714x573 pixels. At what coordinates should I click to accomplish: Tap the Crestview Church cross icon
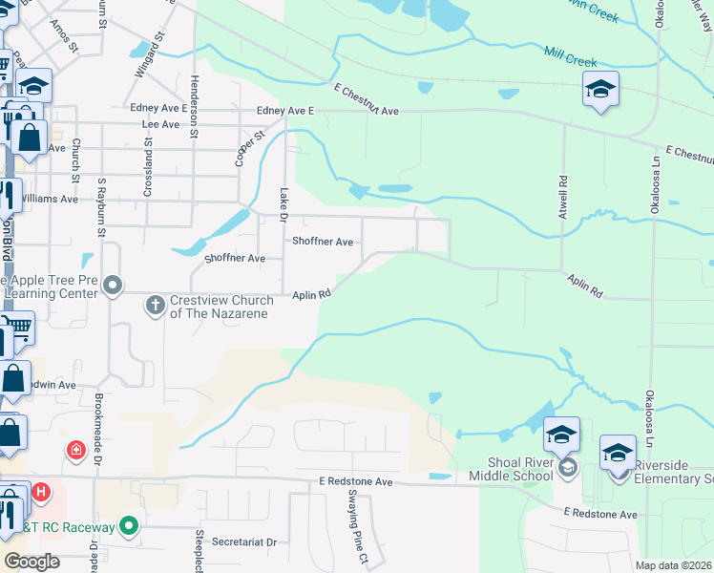click(155, 306)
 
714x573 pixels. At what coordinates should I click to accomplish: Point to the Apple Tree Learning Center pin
click(114, 286)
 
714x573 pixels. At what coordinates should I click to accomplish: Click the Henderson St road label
click(193, 107)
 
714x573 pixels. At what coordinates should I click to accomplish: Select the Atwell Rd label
click(563, 191)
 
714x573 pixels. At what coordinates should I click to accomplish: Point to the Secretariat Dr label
click(244, 541)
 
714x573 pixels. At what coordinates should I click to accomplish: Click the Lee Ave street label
click(159, 124)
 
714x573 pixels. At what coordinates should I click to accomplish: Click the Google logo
click(31, 561)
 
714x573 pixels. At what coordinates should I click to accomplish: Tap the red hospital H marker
click(41, 493)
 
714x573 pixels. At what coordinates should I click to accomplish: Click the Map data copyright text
click(673, 564)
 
